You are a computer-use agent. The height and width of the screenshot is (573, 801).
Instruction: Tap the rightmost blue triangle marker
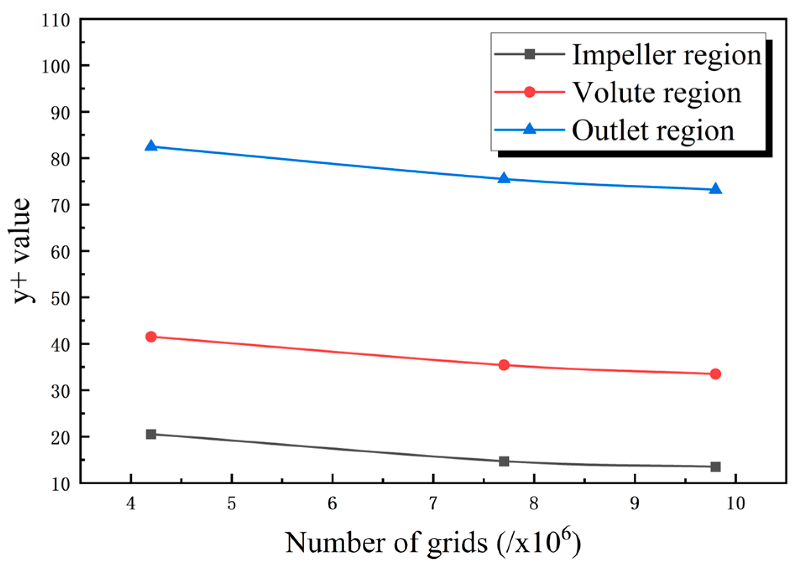(x=715, y=189)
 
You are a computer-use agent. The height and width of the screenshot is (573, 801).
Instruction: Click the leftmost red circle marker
(x=151, y=337)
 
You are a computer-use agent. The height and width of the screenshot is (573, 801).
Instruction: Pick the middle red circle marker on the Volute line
(x=504, y=365)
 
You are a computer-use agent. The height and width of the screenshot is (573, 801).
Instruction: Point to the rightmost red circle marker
(x=715, y=374)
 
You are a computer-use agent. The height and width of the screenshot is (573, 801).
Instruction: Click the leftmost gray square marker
(x=151, y=434)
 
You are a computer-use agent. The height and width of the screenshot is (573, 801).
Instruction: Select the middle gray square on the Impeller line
(x=504, y=461)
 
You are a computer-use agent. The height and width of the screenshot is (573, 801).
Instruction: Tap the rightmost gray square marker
(x=715, y=467)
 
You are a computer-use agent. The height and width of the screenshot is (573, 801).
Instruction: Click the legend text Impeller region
(x=667, y=55)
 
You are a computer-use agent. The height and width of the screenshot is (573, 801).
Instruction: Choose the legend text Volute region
(x=657, y=93)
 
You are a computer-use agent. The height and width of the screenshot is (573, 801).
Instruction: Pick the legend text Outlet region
(x=653, y=131)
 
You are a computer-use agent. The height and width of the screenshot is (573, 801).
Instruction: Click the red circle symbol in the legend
(x=529, y=92)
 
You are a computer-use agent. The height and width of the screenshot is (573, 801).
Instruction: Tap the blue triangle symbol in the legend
(x=529, y=129)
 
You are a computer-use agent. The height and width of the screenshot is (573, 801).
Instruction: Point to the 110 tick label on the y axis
(x=56, y=20)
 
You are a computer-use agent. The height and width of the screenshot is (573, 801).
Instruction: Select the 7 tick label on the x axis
(x=433, y=503)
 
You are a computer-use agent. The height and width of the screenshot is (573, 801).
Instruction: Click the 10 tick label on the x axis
(x=735, y=503)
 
